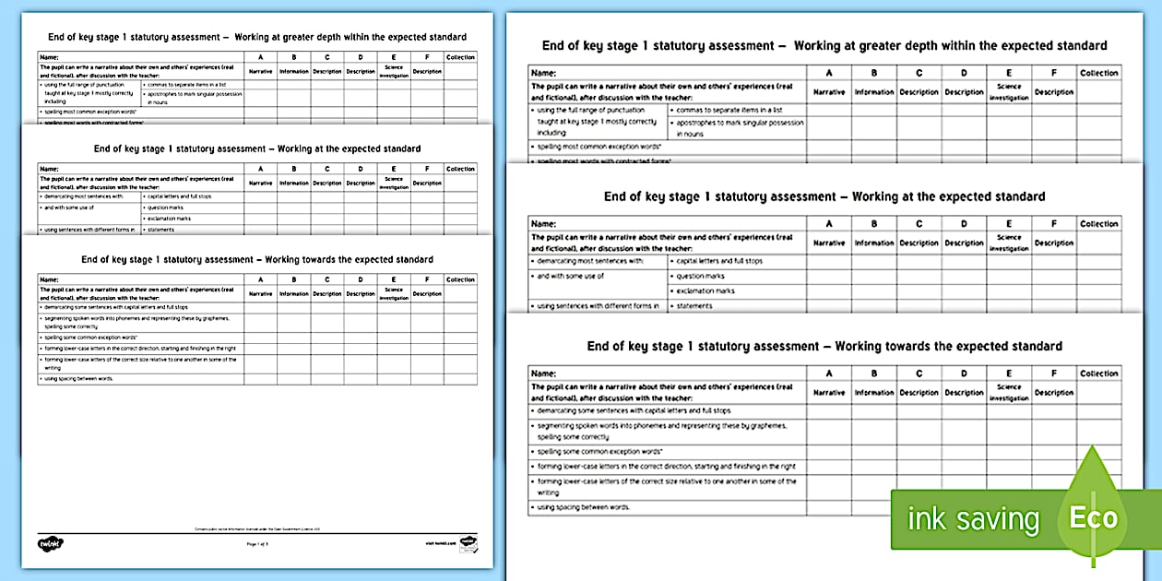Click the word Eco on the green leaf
[x=1093, y=517]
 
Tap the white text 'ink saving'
[x=974, y=519]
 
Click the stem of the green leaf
[x=1094, y=559]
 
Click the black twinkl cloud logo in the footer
[x=50, y=543]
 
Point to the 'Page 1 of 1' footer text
[x=257, y=544]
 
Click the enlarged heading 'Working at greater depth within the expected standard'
[x=950, y=45]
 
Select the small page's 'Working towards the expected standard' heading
[x=257, y=260]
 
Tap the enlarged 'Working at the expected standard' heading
[x=948, y=196]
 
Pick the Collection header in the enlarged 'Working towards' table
[x=1098, y=373]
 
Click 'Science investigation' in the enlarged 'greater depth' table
[x=1009, y=92]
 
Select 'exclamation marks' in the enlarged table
[x=706, y=290]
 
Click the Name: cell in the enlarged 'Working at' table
[x=544, y=224]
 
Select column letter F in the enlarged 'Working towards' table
[x=1053, y=373]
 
